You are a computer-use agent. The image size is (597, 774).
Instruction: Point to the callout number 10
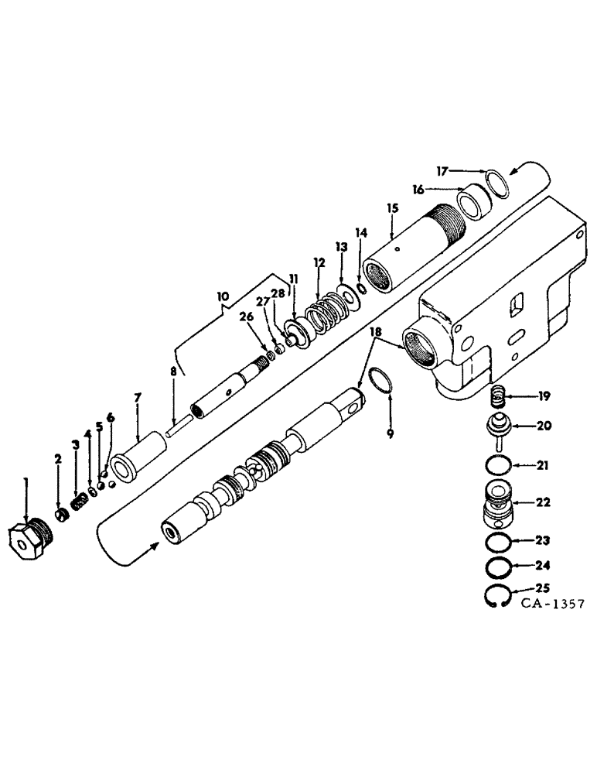click(x=223, y=296)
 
